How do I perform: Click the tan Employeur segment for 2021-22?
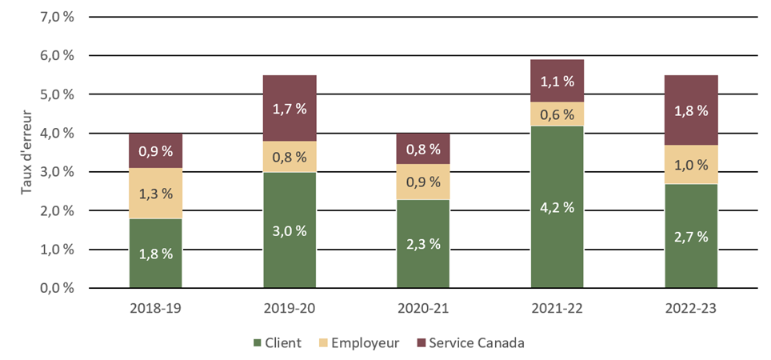[557, 114]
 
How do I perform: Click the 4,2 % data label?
[557, 207]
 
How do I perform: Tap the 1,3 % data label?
[155, 193]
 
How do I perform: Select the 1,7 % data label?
[290, 110]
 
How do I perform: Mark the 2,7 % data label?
[691, 236]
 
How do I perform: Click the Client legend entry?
[277, 343]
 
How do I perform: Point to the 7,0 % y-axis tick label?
[58, 17]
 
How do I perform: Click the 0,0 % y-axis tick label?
[58, 288]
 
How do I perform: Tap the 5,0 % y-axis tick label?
[58, 94]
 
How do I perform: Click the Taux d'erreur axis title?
[26, 152]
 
